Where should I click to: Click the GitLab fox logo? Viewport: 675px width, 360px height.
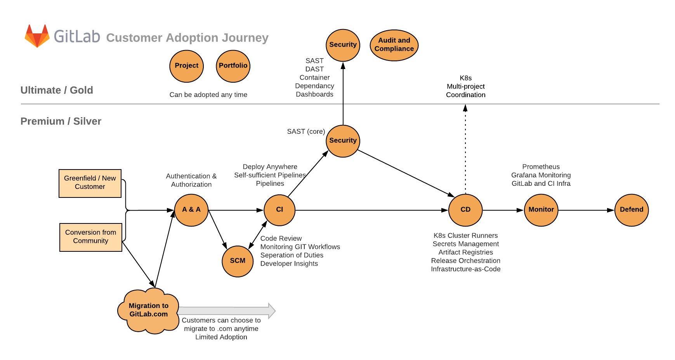pos(37,36)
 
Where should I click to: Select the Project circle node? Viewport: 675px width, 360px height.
pos(186,66)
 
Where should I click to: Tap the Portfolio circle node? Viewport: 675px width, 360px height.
pos(233,66)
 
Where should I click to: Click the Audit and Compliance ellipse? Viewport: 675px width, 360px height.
pos(394,45)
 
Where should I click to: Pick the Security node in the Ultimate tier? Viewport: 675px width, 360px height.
pos(343,45)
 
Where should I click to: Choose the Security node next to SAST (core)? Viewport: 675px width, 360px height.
pos(343,141)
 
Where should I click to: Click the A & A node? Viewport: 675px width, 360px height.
pos(191,210)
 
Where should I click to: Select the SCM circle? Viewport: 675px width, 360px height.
pos(238,261)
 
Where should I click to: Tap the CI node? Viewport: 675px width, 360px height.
pos(279,210)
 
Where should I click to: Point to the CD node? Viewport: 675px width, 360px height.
pos(465,210)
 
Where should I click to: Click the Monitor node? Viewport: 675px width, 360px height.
pos(541,210)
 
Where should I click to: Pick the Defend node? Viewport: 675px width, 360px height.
pos(632,210)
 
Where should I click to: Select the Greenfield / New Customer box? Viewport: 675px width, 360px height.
pos(90,183)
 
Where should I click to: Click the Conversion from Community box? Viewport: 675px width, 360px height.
pos(90,237)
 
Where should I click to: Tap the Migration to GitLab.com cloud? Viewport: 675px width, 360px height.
pos(148,310)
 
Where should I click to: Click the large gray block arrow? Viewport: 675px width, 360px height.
pos(227,311)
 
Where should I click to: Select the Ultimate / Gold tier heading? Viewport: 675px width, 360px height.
pos(57,90)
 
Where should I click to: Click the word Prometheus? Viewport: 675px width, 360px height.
pos(541,167)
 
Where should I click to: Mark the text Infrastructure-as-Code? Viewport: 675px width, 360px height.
pos(465,269)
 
